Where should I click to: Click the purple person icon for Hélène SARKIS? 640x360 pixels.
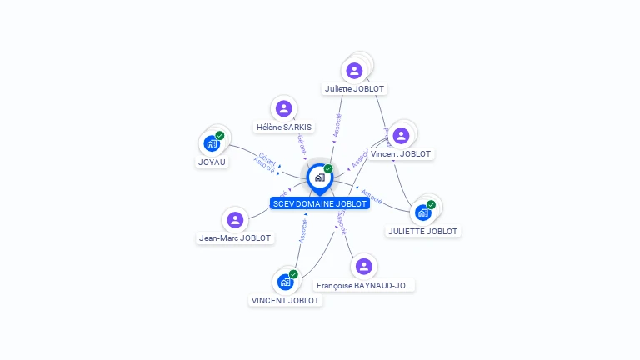coord(284,108)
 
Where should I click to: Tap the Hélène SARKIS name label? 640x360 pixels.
coord(284,127)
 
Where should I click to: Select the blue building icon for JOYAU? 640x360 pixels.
coord(212,143)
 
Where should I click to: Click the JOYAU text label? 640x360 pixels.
coord(212,162)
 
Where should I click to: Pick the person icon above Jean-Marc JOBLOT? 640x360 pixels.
coord(235,220)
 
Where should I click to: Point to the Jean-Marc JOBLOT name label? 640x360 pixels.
coord(235,237)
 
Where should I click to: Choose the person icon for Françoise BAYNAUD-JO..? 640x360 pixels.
coord(363,267)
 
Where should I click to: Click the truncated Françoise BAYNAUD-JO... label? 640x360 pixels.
coord(364,285)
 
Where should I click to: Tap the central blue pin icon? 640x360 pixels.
coord(319,177)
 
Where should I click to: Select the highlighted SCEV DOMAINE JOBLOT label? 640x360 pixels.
coord(320,203)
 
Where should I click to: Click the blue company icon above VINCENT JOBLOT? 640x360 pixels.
coord(286,282)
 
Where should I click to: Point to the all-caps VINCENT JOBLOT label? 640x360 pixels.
coord(286,301)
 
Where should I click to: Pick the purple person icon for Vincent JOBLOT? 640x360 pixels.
coord(401,136)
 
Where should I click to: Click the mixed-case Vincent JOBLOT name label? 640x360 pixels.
coord(401,154)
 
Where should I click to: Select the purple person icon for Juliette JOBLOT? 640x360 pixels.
coord(355,71)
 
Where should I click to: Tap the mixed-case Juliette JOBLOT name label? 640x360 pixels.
coord(356,88)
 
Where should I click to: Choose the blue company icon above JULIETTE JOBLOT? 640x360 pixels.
coord(423,212)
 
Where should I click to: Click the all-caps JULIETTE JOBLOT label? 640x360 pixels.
coord(423,231)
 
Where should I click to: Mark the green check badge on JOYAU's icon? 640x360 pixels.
coord(220,135)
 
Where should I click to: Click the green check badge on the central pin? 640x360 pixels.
coord(328,169)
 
